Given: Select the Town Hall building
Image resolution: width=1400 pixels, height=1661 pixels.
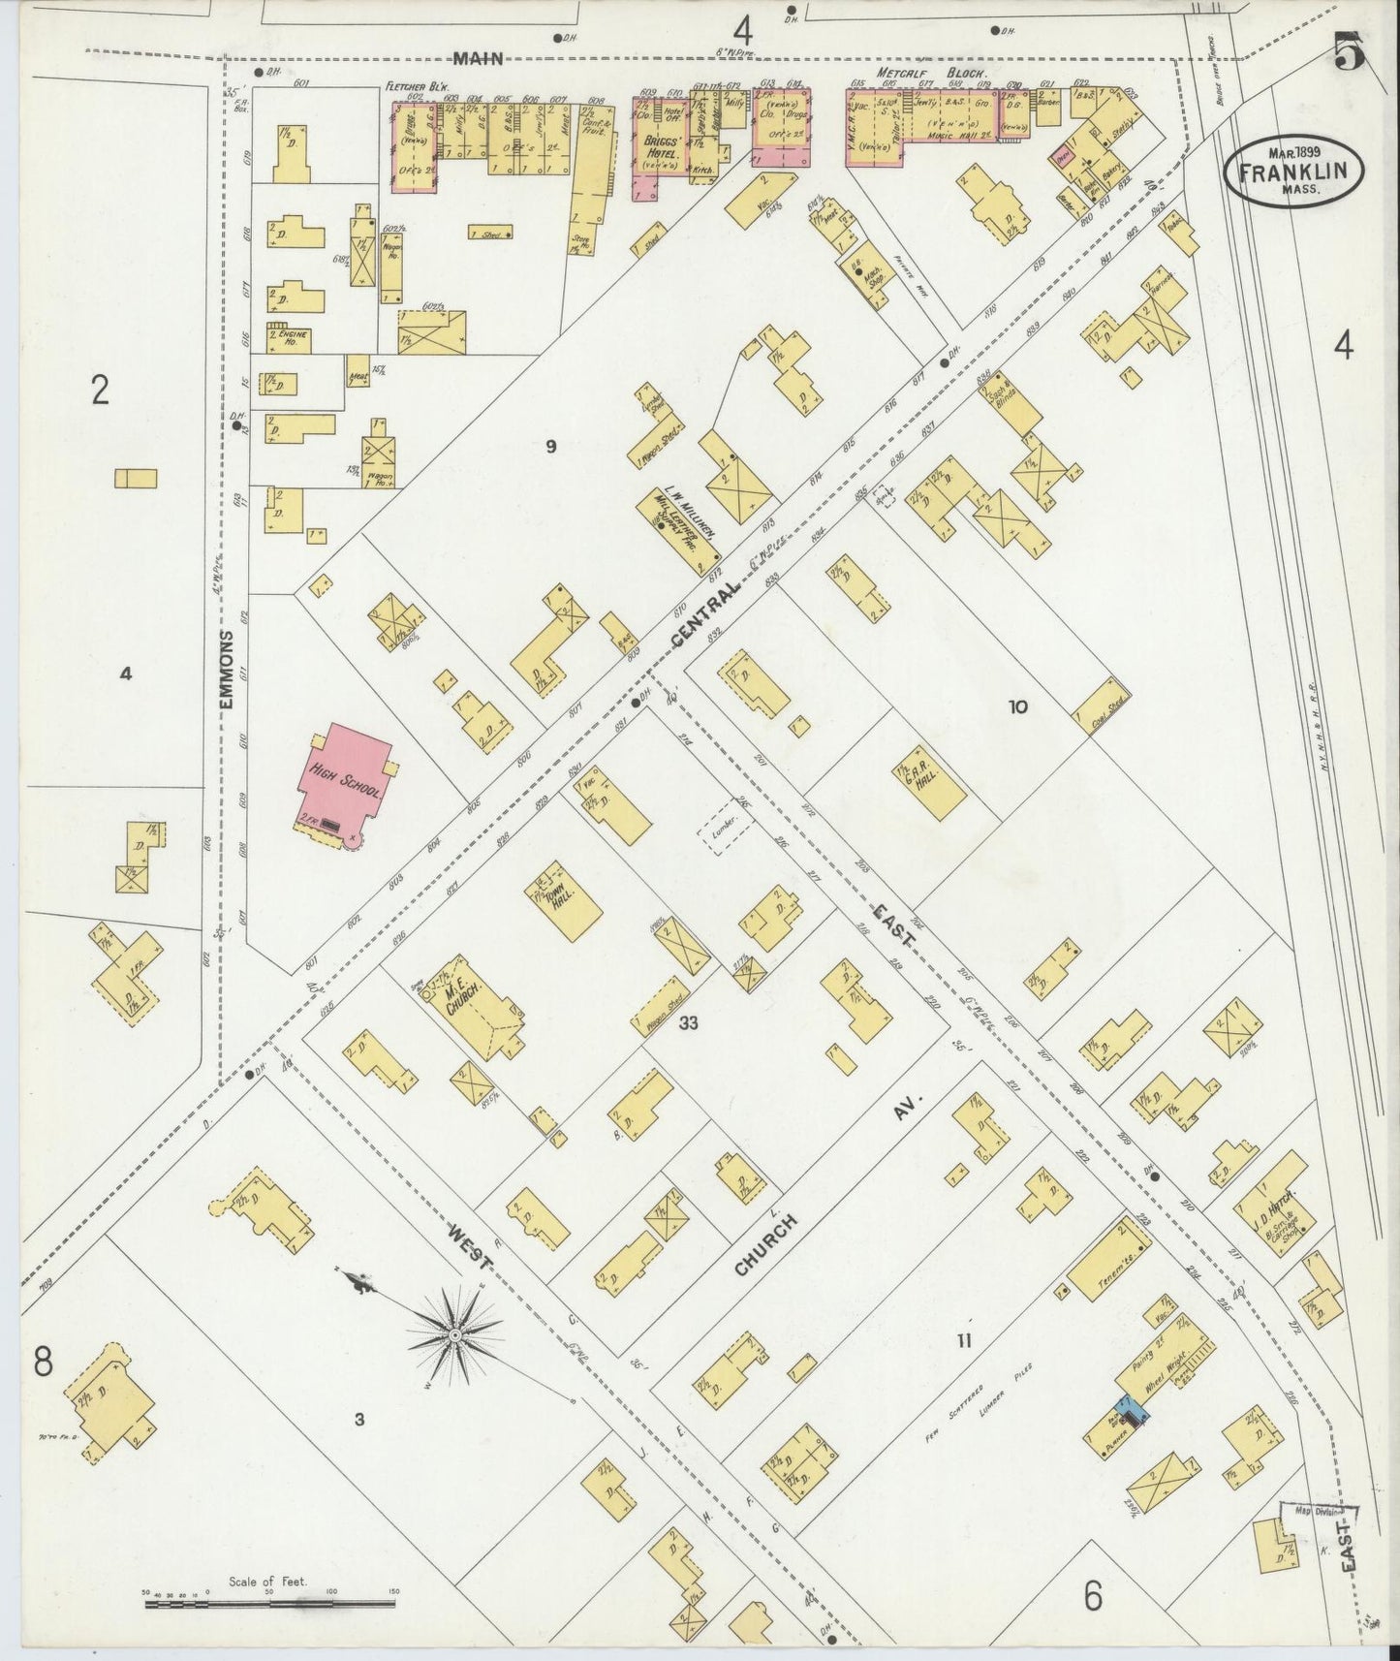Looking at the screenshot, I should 562,900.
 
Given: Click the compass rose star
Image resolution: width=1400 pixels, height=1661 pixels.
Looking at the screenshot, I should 454,1336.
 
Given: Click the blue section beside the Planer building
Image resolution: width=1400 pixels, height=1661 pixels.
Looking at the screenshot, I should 1130,1411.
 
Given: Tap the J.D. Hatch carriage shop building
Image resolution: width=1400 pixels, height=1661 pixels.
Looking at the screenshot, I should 1273,1203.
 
